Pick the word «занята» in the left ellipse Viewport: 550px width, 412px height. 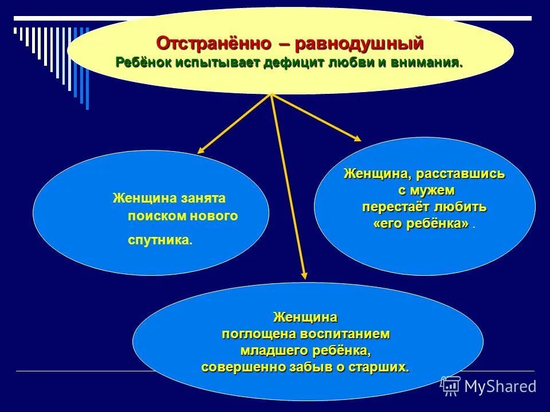click(203, 198)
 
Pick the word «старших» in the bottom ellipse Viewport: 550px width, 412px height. click(380, 367)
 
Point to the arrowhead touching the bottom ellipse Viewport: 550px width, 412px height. click(304, 275)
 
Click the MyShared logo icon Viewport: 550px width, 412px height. click(450, 386)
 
